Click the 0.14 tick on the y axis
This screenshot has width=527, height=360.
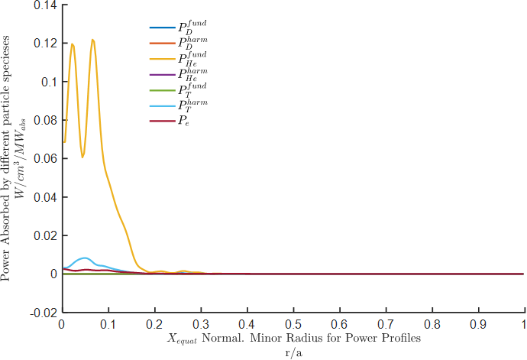(46, 5)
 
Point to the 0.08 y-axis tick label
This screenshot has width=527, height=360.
(46, 121)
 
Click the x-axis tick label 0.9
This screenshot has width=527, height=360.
(479, 324)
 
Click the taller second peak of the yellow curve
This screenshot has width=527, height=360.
(92, 40)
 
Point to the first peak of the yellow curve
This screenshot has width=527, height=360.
(73, 44)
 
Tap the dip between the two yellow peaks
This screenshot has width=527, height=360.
(82, 157)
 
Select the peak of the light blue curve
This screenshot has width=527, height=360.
(85, 258)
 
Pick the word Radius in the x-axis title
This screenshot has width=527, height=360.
(341, 337)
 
